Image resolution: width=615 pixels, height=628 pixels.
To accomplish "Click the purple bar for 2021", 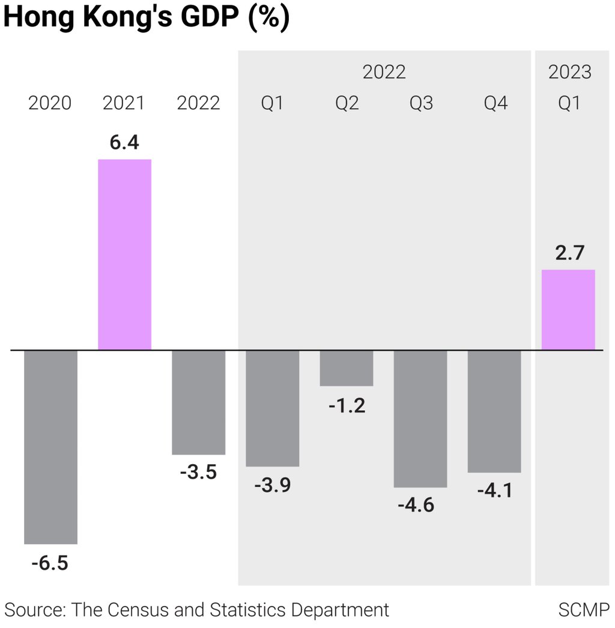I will (x=124, y=254).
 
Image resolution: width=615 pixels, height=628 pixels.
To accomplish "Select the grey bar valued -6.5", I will (x=50, y=447).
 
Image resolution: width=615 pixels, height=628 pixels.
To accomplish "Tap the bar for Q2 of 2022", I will (x=347, y=367).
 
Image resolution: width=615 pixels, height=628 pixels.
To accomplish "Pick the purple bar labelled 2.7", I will (x=568, y=310).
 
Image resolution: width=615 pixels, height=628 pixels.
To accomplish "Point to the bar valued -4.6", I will (x=420, y=418).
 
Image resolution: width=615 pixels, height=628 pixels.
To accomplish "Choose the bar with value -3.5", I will (x=199, y=402).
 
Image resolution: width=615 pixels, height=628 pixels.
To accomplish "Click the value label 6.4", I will (x=124, y=143).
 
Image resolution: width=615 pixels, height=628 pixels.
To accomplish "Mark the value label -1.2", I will (x=347, y=406).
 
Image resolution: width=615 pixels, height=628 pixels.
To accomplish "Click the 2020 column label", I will (x=50, y=103).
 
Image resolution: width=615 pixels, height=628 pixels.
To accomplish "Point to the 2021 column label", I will (x=124, y=103).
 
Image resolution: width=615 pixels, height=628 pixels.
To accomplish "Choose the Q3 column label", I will (x=421, y=103).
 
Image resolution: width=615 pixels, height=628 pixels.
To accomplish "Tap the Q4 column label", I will (x=495, y=103).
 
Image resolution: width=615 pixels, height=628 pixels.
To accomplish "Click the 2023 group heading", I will (x=569, y=72).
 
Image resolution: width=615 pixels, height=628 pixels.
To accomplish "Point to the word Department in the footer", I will (x=340, y=610).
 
